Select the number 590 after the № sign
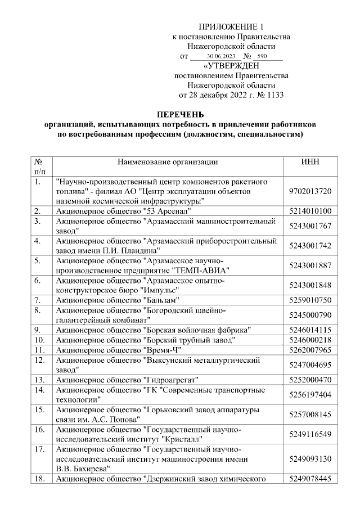click(x=262, y=57)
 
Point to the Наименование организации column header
click(x=168, y=162)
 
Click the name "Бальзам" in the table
click(x=160, y=300)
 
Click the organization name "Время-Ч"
click(x=162, y=350)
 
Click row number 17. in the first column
click(x=39, y=449)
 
